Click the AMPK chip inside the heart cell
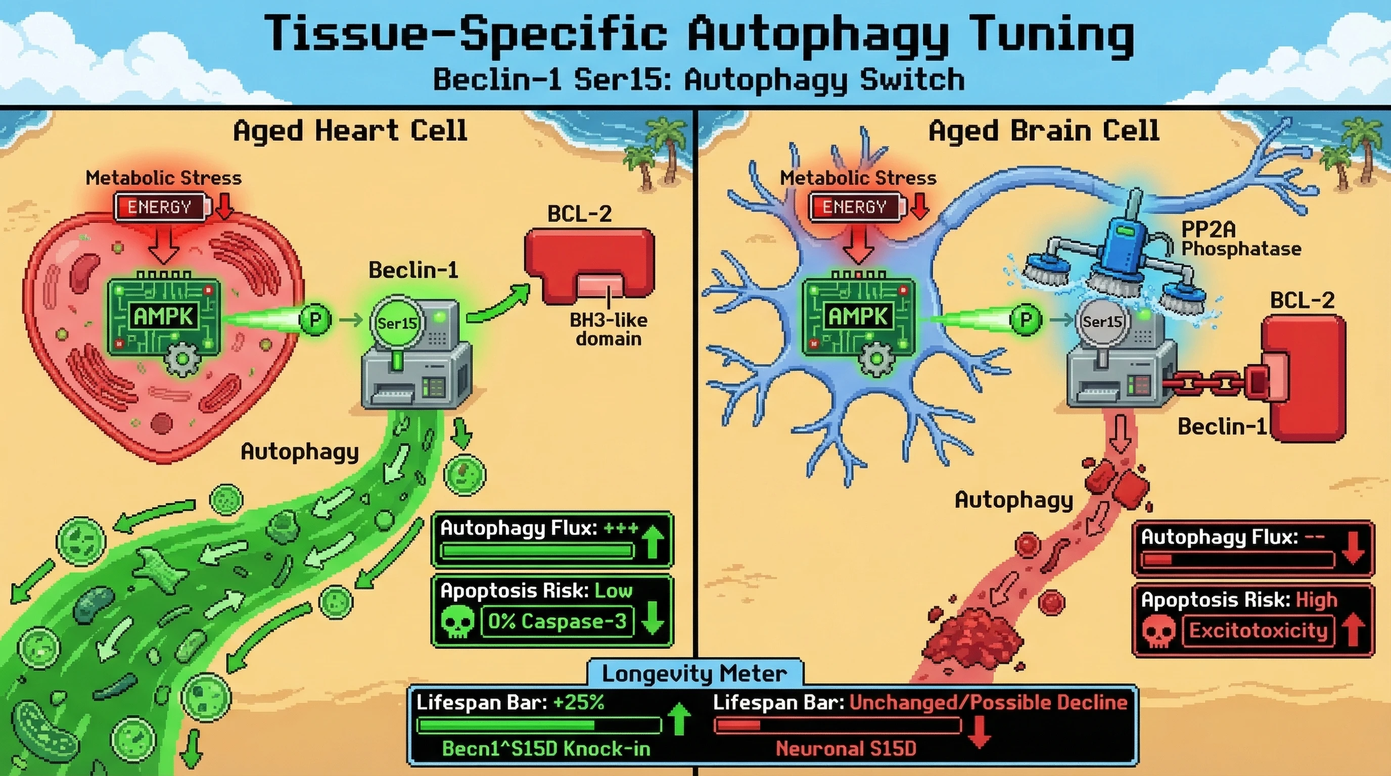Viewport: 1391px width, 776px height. (164, 317)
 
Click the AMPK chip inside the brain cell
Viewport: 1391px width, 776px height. (858, 317)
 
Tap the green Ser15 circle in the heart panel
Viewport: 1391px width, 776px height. (397, 323)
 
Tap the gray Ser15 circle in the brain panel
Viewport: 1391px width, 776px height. (1102, 322)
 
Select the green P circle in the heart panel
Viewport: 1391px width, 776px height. (315, 319)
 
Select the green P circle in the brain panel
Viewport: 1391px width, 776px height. (1025, 319)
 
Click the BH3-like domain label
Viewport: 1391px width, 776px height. (608, 330)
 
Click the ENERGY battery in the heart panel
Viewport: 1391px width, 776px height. (161, 207)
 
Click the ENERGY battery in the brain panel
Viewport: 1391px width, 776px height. (856, 207)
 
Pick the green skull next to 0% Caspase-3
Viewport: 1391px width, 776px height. (457, 622)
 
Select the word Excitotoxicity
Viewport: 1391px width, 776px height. (1258, 631)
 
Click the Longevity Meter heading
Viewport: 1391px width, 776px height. (694, 673)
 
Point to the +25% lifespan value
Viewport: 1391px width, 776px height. (578, 702)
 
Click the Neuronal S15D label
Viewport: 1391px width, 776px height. (846, 749)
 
